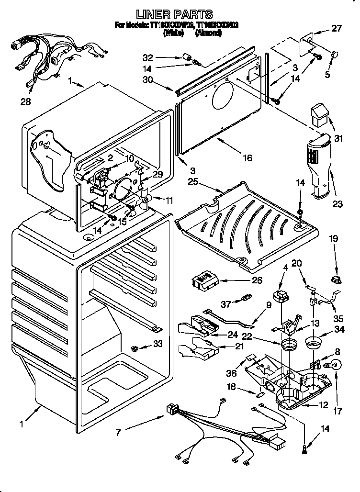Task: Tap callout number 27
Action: click(x=337, y=28)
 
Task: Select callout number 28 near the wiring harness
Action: click(x=25, y=101)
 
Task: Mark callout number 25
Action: click(x=193, y=182)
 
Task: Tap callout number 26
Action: click(x=257, y=280)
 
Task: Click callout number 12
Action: click(x=323, y=405)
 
